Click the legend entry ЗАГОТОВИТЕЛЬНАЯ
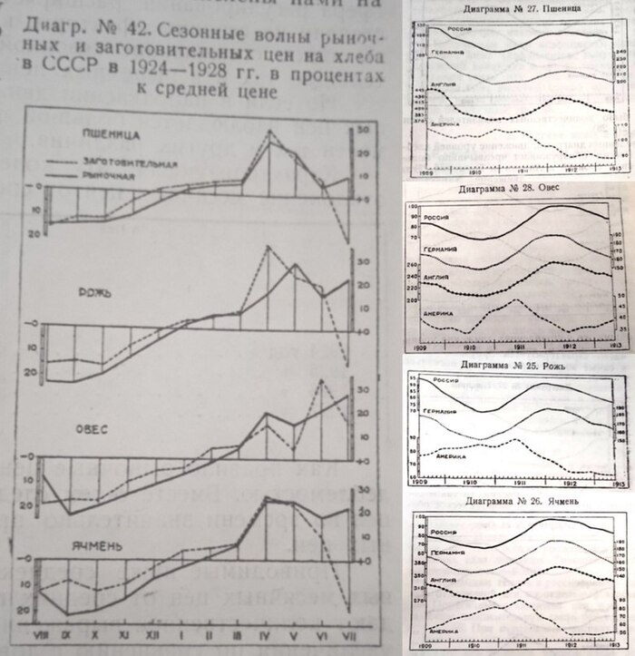pos(127,163)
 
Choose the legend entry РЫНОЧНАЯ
pos(110,176)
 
